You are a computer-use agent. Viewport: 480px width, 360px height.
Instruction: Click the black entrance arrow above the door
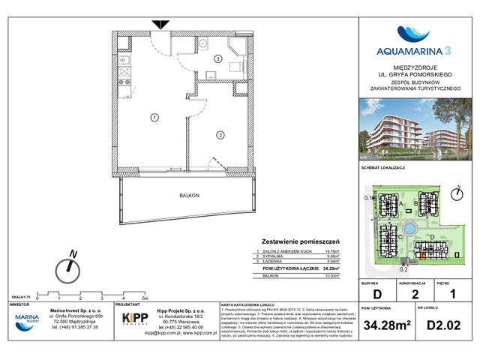[x=159, y=25]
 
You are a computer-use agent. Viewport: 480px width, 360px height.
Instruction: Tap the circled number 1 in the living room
[x=154, y=117]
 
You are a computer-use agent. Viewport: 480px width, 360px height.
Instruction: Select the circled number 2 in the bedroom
[x=221, y=135]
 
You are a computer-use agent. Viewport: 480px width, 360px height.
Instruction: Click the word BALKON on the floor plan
[x=189, y=195]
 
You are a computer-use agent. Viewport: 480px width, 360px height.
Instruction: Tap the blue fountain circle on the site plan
[x=409, y=227]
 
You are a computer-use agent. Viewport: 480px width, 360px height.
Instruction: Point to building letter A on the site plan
[x=403, y=203]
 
